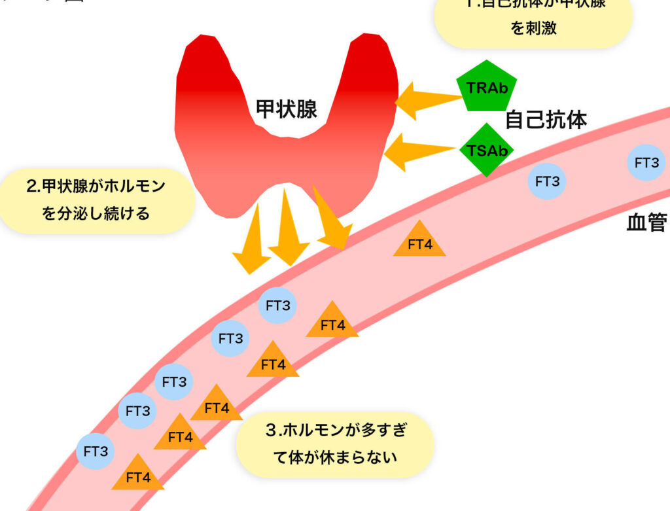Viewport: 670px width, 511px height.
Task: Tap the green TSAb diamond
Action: tap(486, 150)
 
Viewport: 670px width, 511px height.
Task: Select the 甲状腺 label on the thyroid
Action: tap(287, 109)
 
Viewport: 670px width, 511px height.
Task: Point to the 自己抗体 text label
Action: tap(546, 120)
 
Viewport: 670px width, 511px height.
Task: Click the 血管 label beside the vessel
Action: tap(646, 223)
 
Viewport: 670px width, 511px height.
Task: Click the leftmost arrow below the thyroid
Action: tap(253, 238)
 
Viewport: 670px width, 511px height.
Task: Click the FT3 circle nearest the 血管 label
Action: tap(646, 163)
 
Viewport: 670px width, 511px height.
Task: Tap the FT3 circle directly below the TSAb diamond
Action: tap(547, 182)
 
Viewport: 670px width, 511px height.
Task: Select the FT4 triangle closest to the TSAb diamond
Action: tap(419, 241)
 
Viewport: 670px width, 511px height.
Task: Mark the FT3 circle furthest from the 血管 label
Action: tap(96, 451)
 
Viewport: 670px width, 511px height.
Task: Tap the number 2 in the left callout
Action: tap(31, 187)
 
